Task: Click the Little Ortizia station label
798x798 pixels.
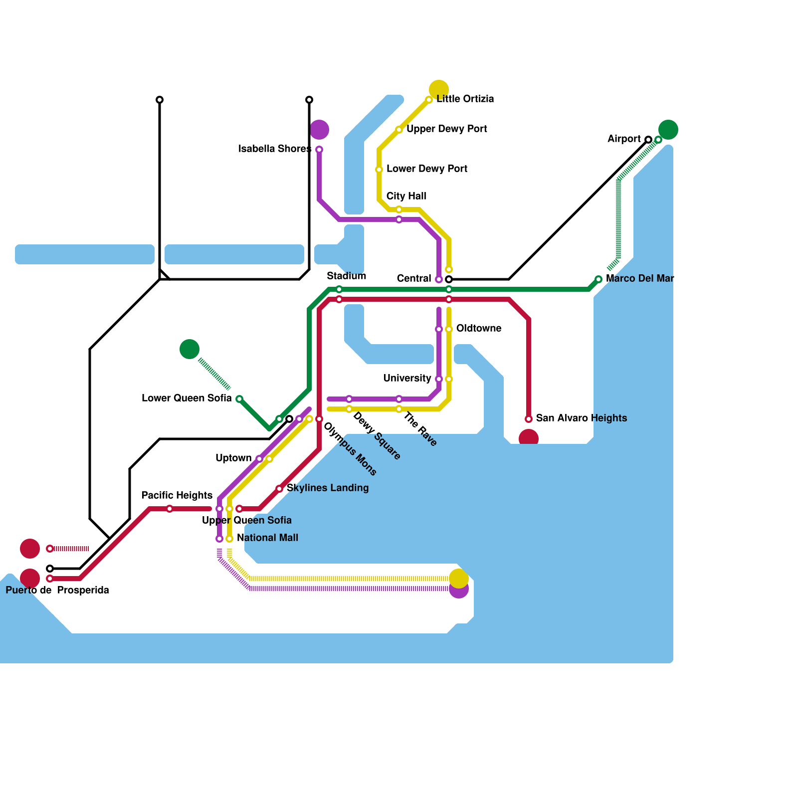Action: tap(465, 99)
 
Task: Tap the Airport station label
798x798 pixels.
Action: tap(624, 139)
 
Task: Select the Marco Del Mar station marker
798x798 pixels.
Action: tap(598, 279)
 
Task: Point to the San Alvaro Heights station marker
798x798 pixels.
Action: tap(529, 419)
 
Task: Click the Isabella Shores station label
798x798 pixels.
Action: tap(275, 149)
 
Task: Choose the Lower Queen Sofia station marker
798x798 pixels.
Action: tap(239, 399)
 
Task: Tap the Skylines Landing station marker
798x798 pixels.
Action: tap(279, 489)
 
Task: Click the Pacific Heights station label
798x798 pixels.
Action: tap(177, 495)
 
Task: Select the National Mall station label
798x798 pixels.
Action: tap(267, 538)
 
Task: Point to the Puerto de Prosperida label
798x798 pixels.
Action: tap(57, 590)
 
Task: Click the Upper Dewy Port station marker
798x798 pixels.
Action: tap(399, 130)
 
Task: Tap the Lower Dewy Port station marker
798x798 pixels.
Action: tap(379, 170)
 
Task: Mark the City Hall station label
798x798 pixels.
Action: tap(406, 196)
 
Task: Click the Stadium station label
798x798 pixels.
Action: tap(347, 276)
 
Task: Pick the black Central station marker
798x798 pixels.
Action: tap(449, 279)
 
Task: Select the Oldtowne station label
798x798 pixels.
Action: tap(479, 328)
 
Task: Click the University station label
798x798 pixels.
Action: tap(407, 378)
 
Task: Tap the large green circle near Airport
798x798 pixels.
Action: tap(668, 130)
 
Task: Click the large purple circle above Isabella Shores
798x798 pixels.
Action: tap(319, 130)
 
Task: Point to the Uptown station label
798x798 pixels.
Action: tap(233, 458)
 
